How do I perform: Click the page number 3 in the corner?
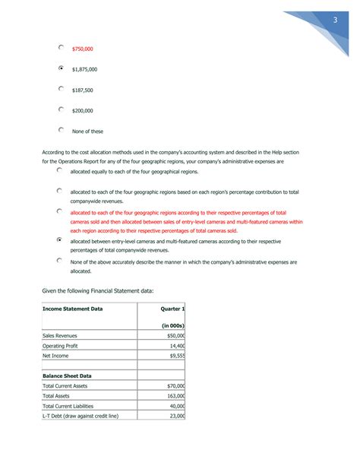pyautogui.click(x=334, y=20)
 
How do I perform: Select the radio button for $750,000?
pyautogui.click(x=62, y=47)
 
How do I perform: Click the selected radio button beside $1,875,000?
pyautogui.click(x=62, y=68)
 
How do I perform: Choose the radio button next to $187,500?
pyautogui.click(x=62, y=89)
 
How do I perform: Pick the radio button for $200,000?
pyautogui.click(x=62, y=109)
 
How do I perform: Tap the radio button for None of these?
pyautogui.click(x=62, y=130)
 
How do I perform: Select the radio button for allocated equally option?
pyautogui.click(x=59, y=171)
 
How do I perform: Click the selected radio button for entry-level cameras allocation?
pyautogui.click(x=59, y=239)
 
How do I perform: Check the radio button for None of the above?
pyautogui.click(x=59, y=260)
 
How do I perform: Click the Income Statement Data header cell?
pyautogui.click(x=73, y=309)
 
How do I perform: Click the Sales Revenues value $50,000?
pyautogui.click(x=175, y=335)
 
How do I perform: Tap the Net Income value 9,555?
pyautogui.click(x=177, y=355)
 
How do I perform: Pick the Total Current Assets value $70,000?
pyautogui.click(x=175, y=386)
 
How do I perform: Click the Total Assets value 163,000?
pyautogui.click(x=175, y=396)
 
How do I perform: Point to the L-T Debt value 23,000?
pyautogui.click(x=177, y=416)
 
